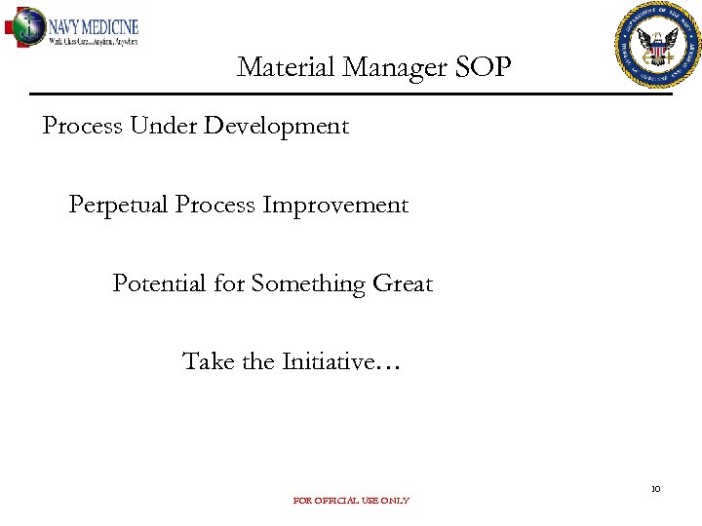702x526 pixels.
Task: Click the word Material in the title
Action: pos(277,67)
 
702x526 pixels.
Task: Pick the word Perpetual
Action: pos(119,206)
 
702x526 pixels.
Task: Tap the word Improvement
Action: pos(335,206)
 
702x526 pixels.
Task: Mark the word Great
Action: pos(403,283)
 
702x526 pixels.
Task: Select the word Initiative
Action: pos(328,361)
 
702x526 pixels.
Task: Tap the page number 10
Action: pos(656,489)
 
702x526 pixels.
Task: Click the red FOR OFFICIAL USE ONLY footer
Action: pos(351,501)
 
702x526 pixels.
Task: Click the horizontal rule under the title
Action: pos(351,94)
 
